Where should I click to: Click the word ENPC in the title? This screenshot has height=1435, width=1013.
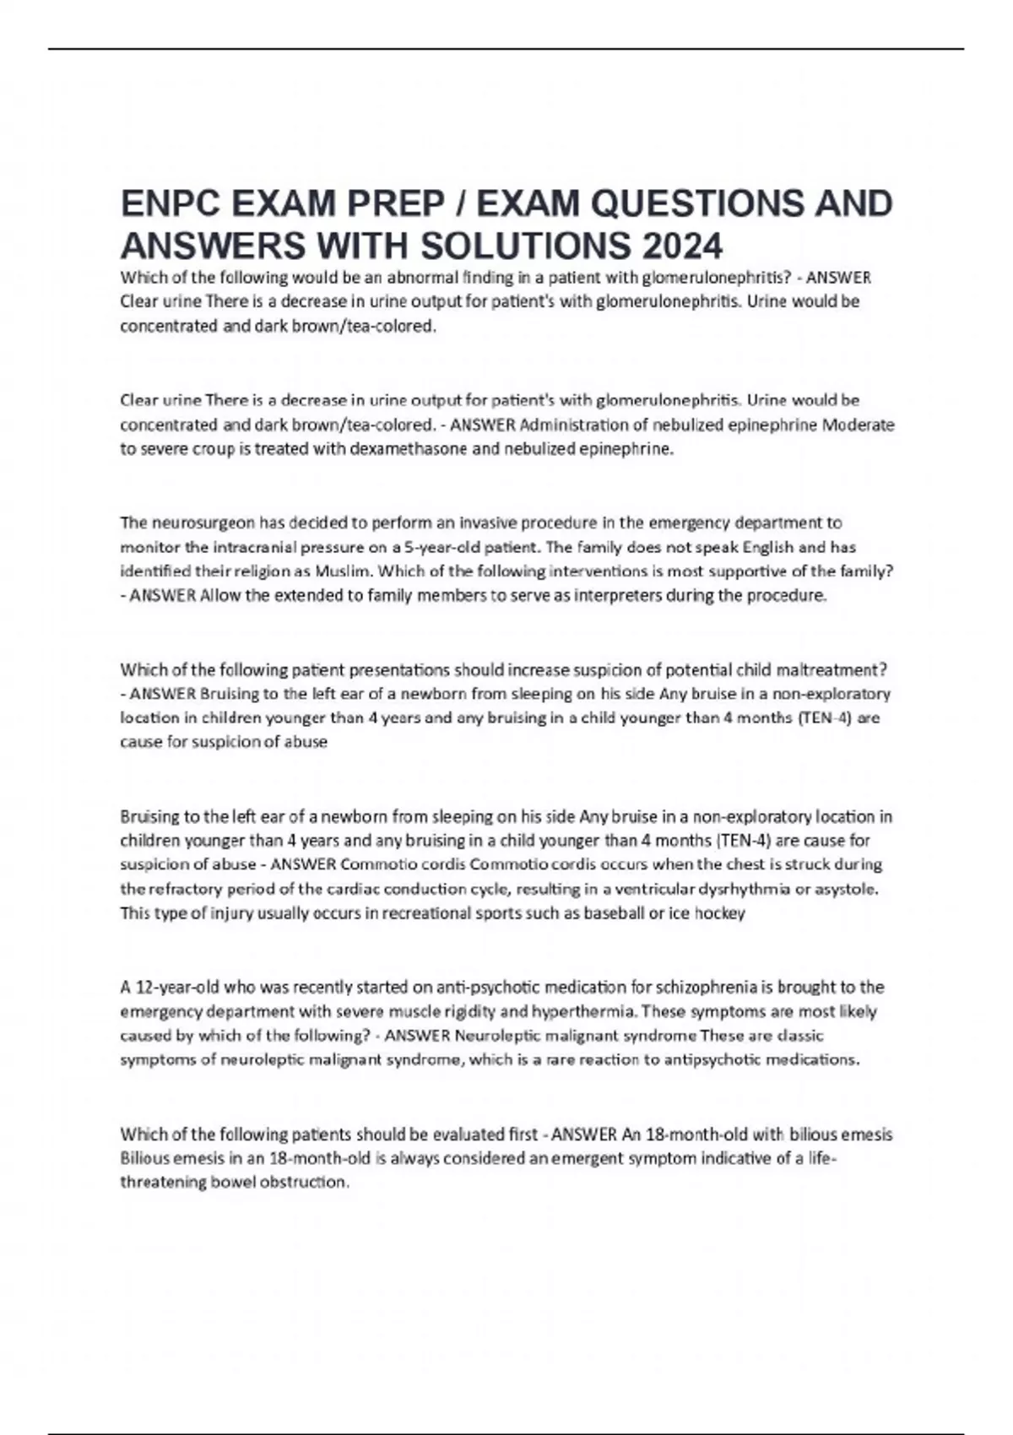point(170,204)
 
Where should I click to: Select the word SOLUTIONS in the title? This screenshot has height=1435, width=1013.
point(524,246)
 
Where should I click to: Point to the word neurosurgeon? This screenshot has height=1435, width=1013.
point(200,523)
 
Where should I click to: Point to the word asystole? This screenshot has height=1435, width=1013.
point(846,889)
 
